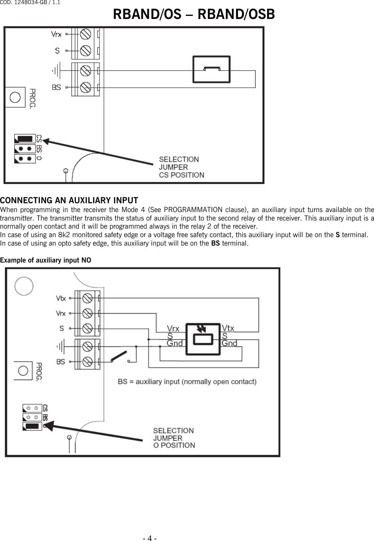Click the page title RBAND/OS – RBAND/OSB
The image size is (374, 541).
click(x=194, y=15)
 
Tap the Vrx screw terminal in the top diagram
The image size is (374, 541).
click(x=85, y=34)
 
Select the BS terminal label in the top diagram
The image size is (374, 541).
click(x=56, y=87)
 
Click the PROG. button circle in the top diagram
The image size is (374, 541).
click(x=15, y=98)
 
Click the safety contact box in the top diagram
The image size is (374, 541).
click(x=212, y=69)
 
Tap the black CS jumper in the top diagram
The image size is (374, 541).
click(x=25, y=139)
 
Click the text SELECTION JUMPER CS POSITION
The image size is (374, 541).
click(x=181, y=167)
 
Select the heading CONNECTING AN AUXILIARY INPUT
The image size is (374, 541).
click(x=69, y=200)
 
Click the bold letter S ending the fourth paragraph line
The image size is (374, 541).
click(x=337, y=235)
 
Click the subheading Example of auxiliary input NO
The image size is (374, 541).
click(x=45, y=260)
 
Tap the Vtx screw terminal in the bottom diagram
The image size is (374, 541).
click(x=87, y=298)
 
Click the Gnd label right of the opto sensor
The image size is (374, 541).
click(x=229, y=343)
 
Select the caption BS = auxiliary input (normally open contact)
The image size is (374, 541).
click(x=187, y=382)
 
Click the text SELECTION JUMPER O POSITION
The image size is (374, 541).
click(x=174, y=438)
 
